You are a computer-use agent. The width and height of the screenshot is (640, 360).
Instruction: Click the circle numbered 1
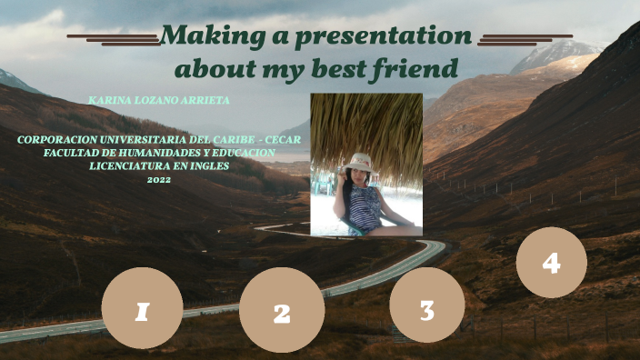pyautogui.click(x=142, y=308)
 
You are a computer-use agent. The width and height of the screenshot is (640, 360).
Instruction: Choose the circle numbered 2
pyautogui.click(x=282, y=310)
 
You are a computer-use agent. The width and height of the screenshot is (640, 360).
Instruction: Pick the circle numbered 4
pyautogui.click(x=551, y=262)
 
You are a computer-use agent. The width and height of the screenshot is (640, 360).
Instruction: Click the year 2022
pyautogui.click(x=158, y=180)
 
